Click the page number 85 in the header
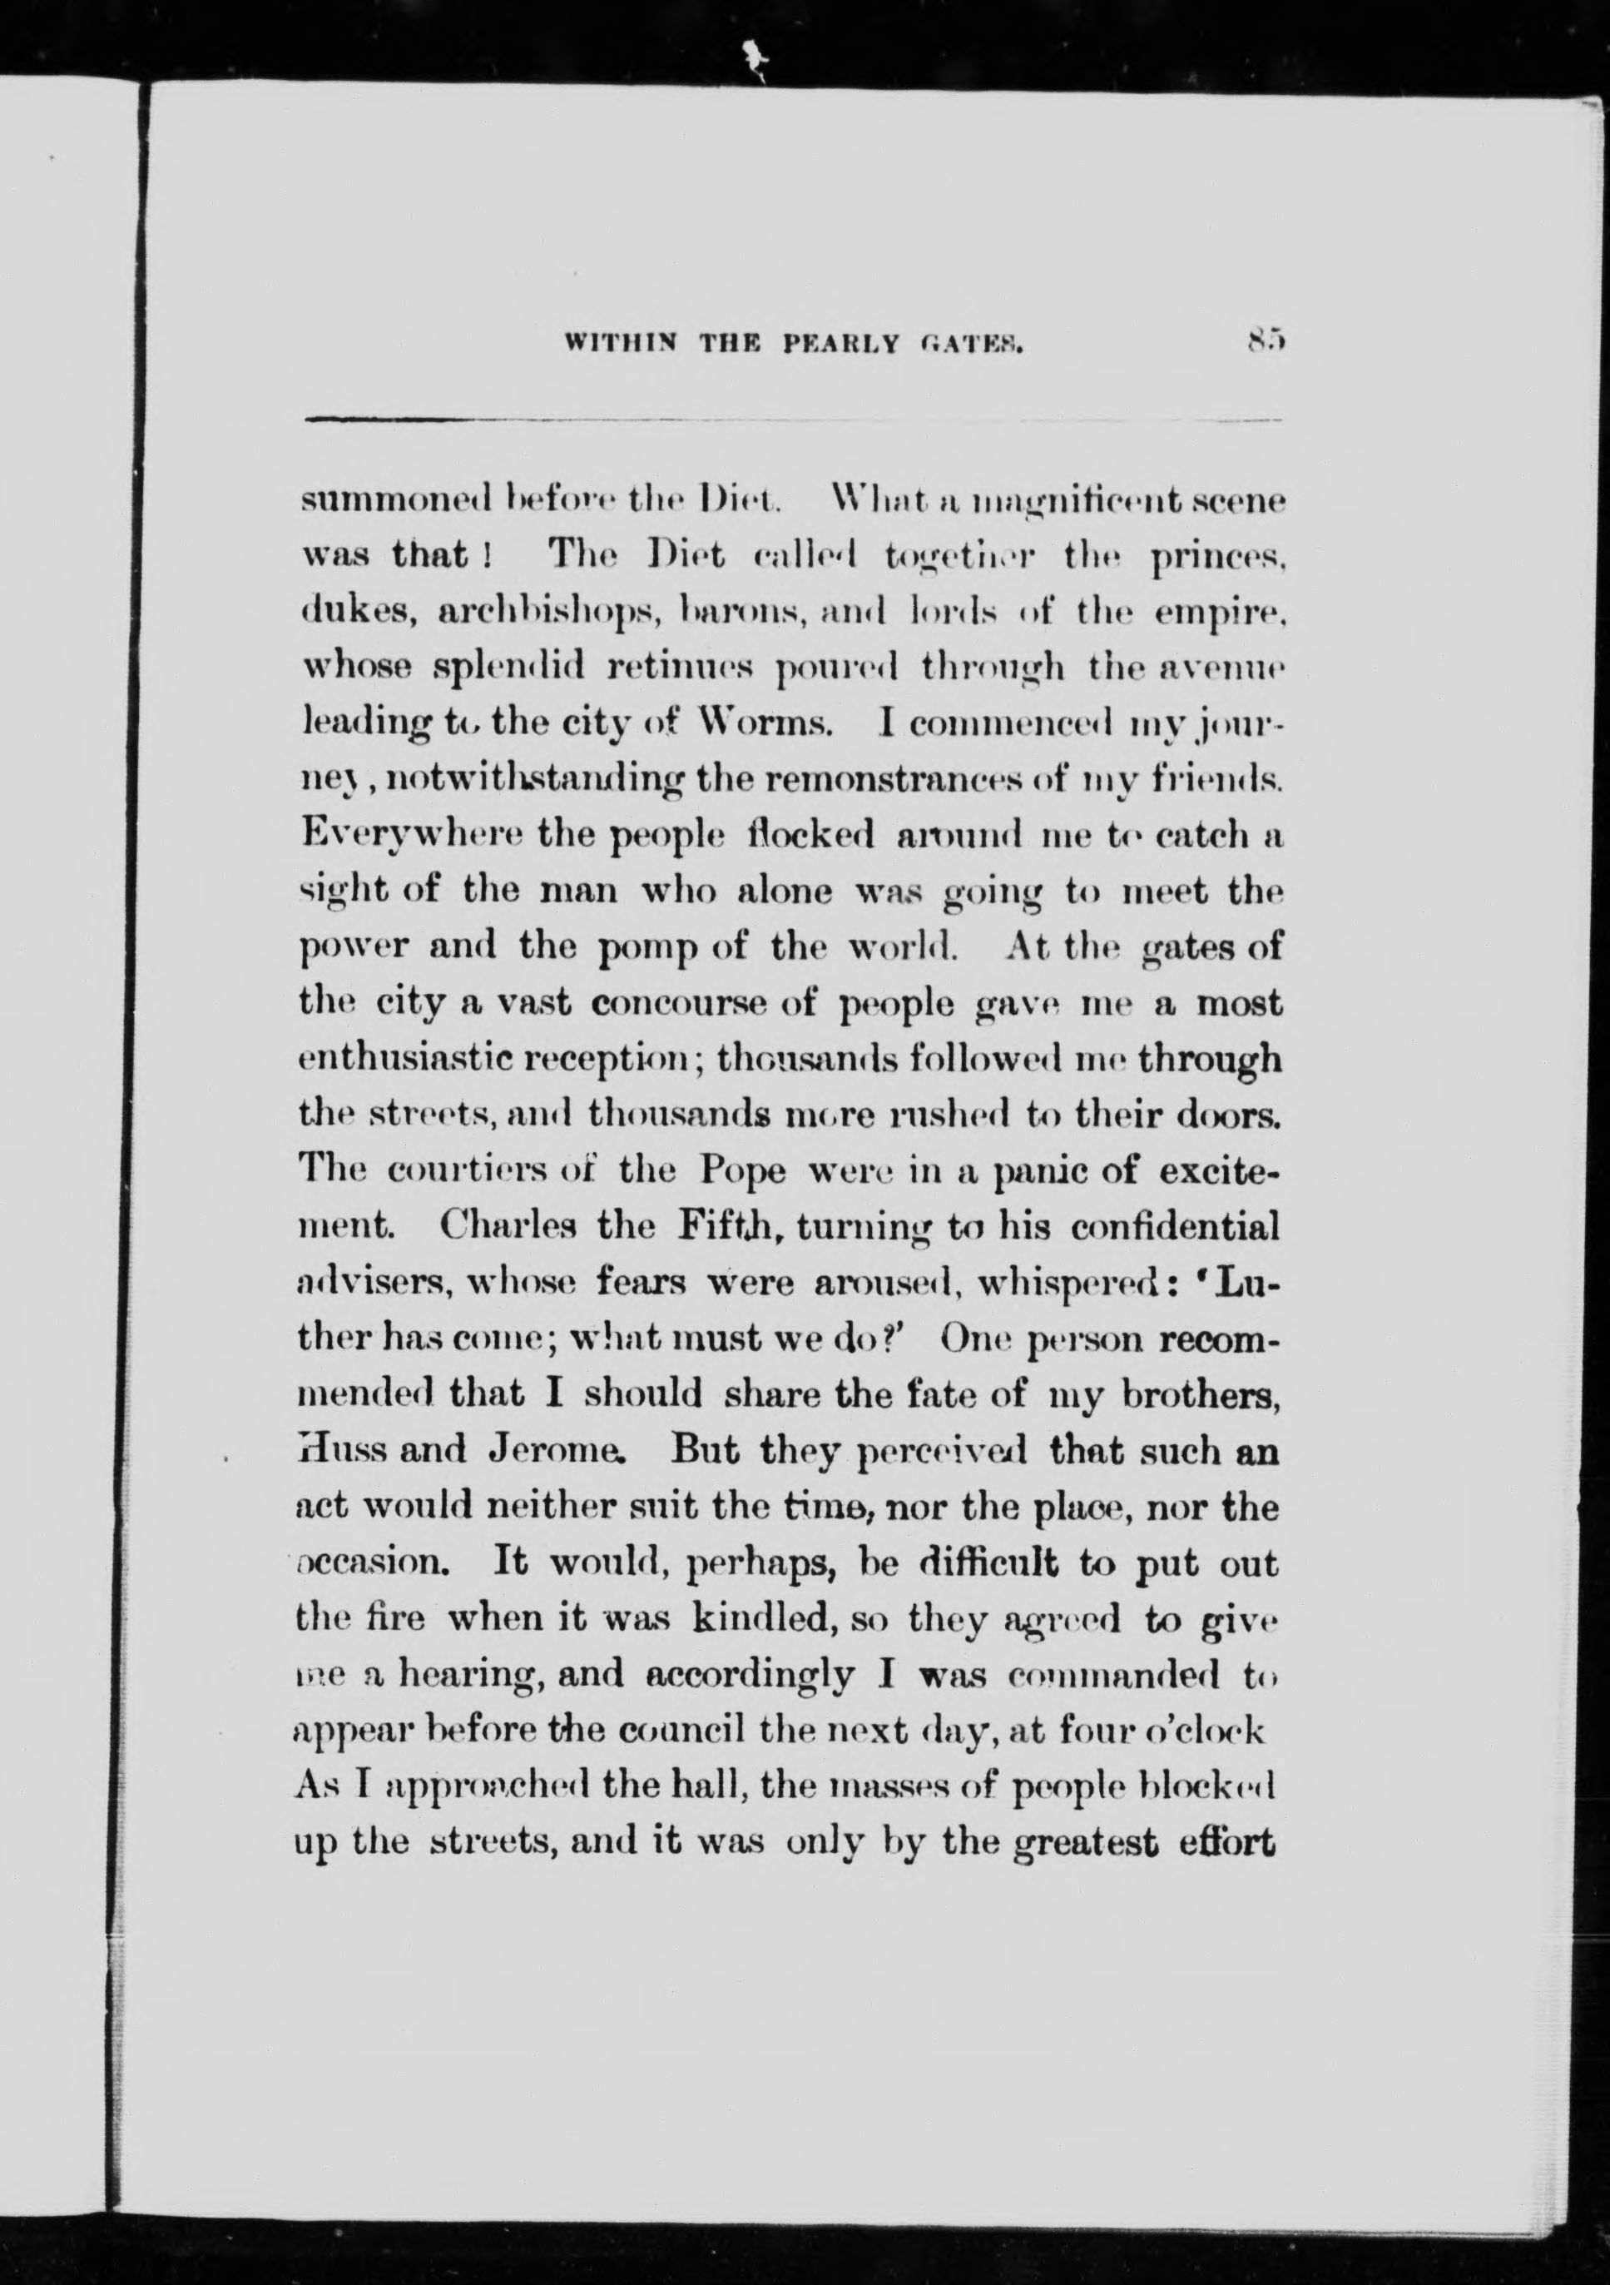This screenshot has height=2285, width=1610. (1265, 342)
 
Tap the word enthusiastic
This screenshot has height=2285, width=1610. (403, 1060)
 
